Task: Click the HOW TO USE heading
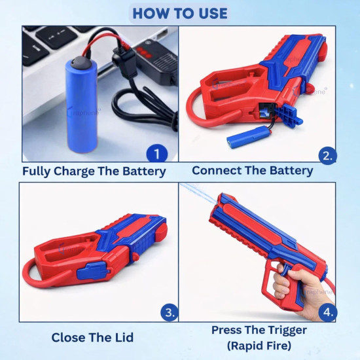[x=180, y=12]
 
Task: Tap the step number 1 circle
[x=155, y=154]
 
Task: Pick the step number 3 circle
[x=169, y=313]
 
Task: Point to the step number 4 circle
[x=329, y=312]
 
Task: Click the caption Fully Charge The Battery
[x=94, y=172]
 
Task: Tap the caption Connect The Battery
[x=252, y=171]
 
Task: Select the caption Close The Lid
[x=92, y=338]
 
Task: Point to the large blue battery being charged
[x=81, y=105]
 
